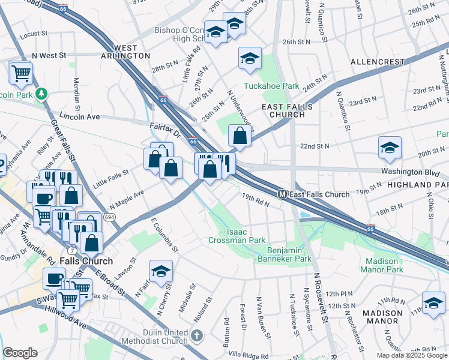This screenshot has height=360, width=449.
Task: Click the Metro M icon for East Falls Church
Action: coord(282,194)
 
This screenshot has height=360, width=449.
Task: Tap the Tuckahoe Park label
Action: coord(271,86)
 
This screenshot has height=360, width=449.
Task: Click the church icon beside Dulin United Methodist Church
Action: coord(197,333)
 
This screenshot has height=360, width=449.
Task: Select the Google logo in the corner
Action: coord(20,353)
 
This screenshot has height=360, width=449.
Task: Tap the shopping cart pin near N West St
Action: coord(21,73)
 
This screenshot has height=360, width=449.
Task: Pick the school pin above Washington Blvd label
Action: coord(390,148)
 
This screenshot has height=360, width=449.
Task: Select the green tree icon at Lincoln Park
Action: coord(41,94)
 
